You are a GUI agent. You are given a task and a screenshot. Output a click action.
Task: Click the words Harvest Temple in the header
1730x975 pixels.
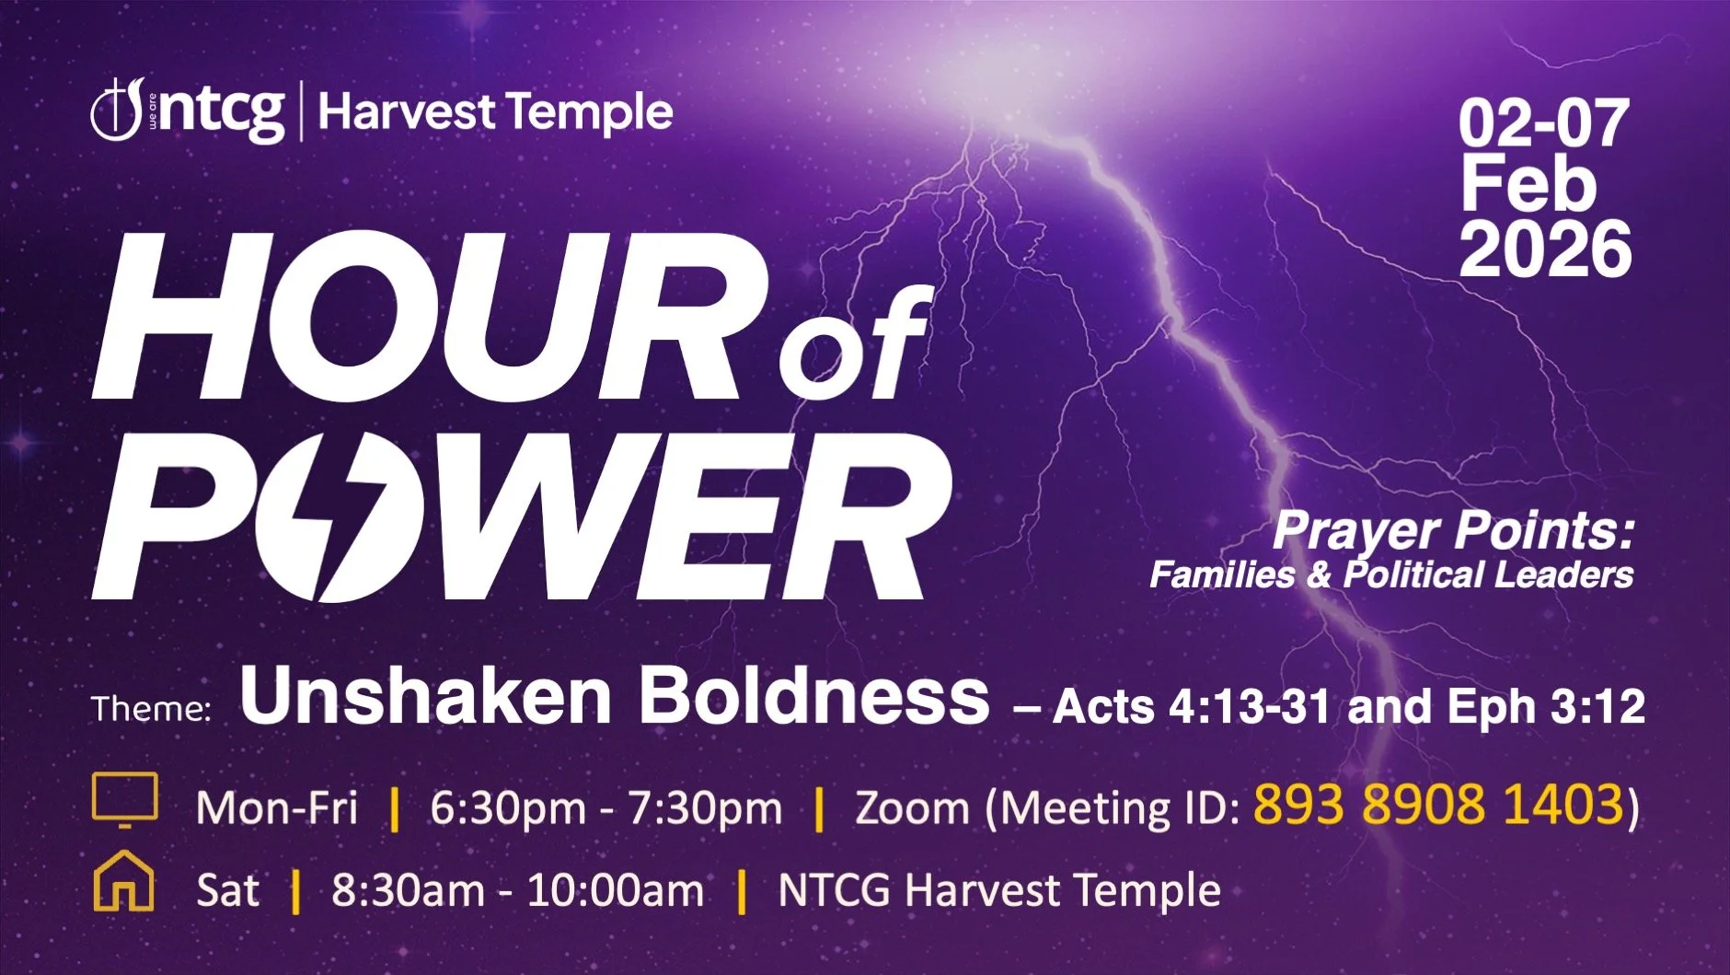[x=495, y=112]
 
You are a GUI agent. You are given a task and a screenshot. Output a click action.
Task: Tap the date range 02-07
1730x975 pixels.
[x=1543, y=124]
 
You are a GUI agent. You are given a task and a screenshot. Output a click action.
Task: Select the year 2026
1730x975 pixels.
[x=1545, y=249]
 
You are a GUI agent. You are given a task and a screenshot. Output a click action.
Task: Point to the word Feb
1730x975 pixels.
[x=1528, y=185]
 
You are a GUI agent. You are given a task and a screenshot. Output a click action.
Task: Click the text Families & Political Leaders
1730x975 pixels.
[x=1390, y=575]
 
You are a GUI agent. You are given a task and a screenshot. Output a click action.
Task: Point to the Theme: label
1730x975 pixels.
[x=151, y=709]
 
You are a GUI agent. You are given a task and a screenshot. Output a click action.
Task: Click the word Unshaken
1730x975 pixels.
[x=425, y=697]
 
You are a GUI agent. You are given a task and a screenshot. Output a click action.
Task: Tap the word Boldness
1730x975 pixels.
[x=814, y=697]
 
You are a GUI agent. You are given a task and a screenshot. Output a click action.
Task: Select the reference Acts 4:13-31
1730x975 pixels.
[x=1192, y=707]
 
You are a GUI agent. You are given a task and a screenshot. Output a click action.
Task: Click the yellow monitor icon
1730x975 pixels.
[x=125, y=799]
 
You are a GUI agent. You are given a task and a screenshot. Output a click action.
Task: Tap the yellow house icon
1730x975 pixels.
[x=123, y=882]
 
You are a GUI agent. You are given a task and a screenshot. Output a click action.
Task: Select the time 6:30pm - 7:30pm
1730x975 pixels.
[x=605, y=808]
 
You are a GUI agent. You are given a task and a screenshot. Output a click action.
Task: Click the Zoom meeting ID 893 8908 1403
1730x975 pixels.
[x=1437, y=804]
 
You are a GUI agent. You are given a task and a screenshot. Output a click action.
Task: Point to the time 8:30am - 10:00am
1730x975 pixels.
[x=517, y=890]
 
